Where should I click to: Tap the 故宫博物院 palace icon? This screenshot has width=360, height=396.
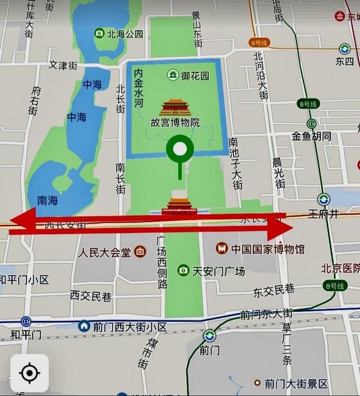click(x=175, y=108)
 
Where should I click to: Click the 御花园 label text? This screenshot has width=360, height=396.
click(x=195, y=75)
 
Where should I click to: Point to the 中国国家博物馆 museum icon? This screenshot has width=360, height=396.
click(x=221, y=248)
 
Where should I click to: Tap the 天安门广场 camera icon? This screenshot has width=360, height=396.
click(x=183, y=270)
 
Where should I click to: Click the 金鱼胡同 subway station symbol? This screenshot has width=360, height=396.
click(x=311, y=123)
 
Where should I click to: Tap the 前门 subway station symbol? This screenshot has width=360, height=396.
click(x=209, y=336)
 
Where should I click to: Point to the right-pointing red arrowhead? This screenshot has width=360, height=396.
click(x=281, y=230)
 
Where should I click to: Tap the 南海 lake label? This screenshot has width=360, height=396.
click(x=47, y=200)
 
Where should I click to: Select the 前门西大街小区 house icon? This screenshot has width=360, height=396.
click(x=84, y=326)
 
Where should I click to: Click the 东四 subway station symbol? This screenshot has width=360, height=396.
click(x=345, y=49)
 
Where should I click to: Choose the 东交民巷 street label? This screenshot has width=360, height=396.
click(x=274, y=292)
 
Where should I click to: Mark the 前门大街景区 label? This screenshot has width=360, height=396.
click(x=296, y=384)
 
